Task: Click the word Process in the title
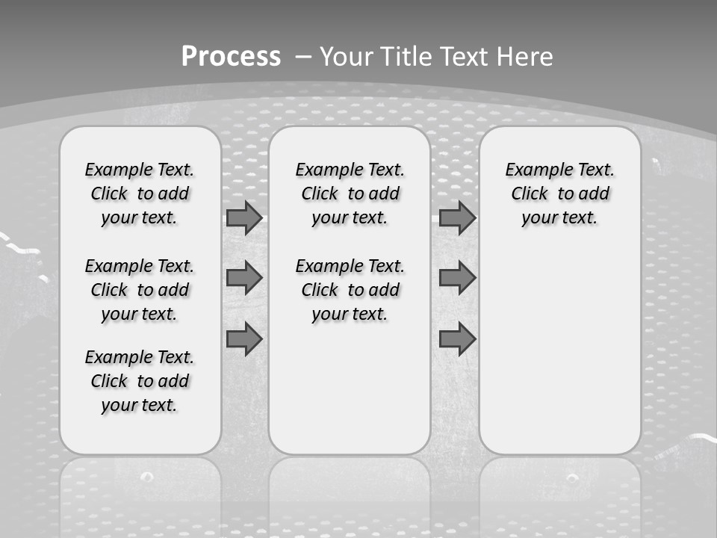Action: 231,56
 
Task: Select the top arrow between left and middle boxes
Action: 244,218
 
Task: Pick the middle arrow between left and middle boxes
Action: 244,278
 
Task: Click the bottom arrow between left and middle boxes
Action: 244,338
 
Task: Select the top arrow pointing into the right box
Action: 457,218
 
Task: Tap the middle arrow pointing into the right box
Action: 457,278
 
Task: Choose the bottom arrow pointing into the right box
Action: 457,338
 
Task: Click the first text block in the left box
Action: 140,194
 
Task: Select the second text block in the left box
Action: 140,290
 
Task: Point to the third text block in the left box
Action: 140,381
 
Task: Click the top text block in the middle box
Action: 350,194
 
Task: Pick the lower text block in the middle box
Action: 350,290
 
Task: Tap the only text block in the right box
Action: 560,194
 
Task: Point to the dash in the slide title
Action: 304,57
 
